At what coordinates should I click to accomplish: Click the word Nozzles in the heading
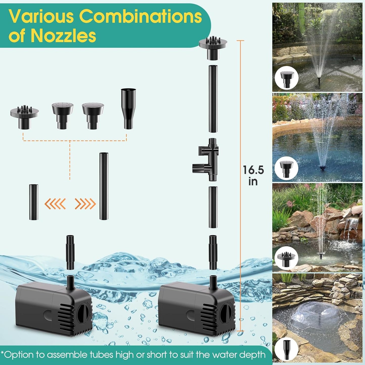point(63,36)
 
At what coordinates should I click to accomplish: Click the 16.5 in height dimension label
point(253,176)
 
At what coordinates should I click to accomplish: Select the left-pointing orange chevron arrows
point(55,204)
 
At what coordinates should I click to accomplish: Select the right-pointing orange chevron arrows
point(85,204)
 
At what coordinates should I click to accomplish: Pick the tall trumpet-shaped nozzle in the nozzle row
point(128,108)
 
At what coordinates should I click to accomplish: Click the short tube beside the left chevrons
point(34,202)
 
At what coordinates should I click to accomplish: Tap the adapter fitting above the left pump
point(70,252)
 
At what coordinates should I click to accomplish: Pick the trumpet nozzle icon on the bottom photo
point(286,350)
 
